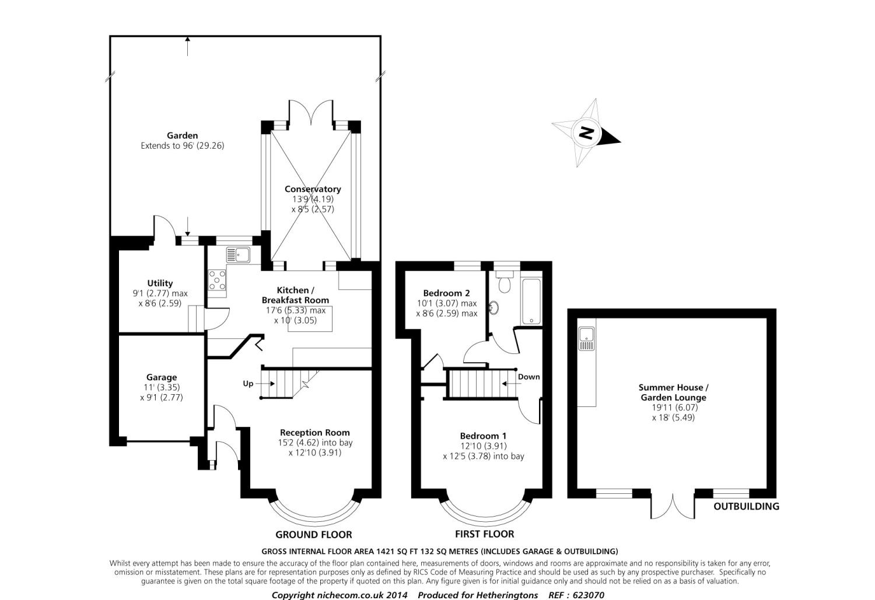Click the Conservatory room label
tap(313, 189)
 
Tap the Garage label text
tap(162, 377)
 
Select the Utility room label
tap(160, 283)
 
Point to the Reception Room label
tap(315, 433)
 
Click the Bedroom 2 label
tap(446, 293)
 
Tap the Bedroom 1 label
tap(483, 436)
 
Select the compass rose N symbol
tap(586, 133)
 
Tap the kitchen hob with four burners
tap(218, 280)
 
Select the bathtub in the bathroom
tap(531, 301)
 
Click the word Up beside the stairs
tap(249, 384)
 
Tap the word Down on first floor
tap(529, 377)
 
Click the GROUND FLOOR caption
tap(313, 535)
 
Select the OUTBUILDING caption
tap(746, 506)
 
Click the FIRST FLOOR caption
tap(484, 534)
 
